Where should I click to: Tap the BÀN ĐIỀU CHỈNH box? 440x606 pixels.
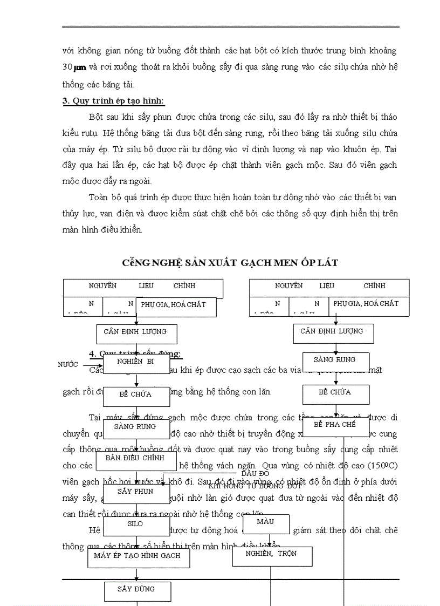pos(136,460)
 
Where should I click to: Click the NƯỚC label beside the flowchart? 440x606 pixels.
pos(68,365)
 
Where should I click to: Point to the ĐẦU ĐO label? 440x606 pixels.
pos(255,474)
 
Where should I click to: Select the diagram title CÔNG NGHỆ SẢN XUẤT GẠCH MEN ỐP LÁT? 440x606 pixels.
pos(230,263)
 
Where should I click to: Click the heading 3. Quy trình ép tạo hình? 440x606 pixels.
pos(114,101)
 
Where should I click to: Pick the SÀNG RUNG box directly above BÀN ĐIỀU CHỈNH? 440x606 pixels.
pos(136,427)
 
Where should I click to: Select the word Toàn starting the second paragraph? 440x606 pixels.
pos(98,198)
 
